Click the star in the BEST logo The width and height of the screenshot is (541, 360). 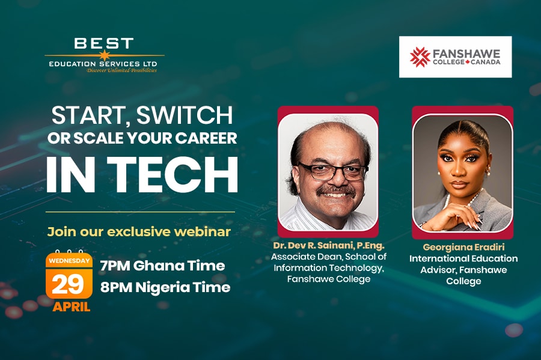point(105,55)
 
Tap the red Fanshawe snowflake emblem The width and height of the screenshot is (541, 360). point(420,57)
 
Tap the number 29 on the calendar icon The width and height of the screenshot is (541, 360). point(69,282)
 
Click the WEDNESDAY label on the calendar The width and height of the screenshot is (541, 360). point(69,261)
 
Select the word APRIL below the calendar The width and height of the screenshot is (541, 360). point(71,307)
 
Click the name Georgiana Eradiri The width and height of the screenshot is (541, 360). point(463,246)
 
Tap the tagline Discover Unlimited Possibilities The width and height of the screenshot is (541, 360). point(122,70)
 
